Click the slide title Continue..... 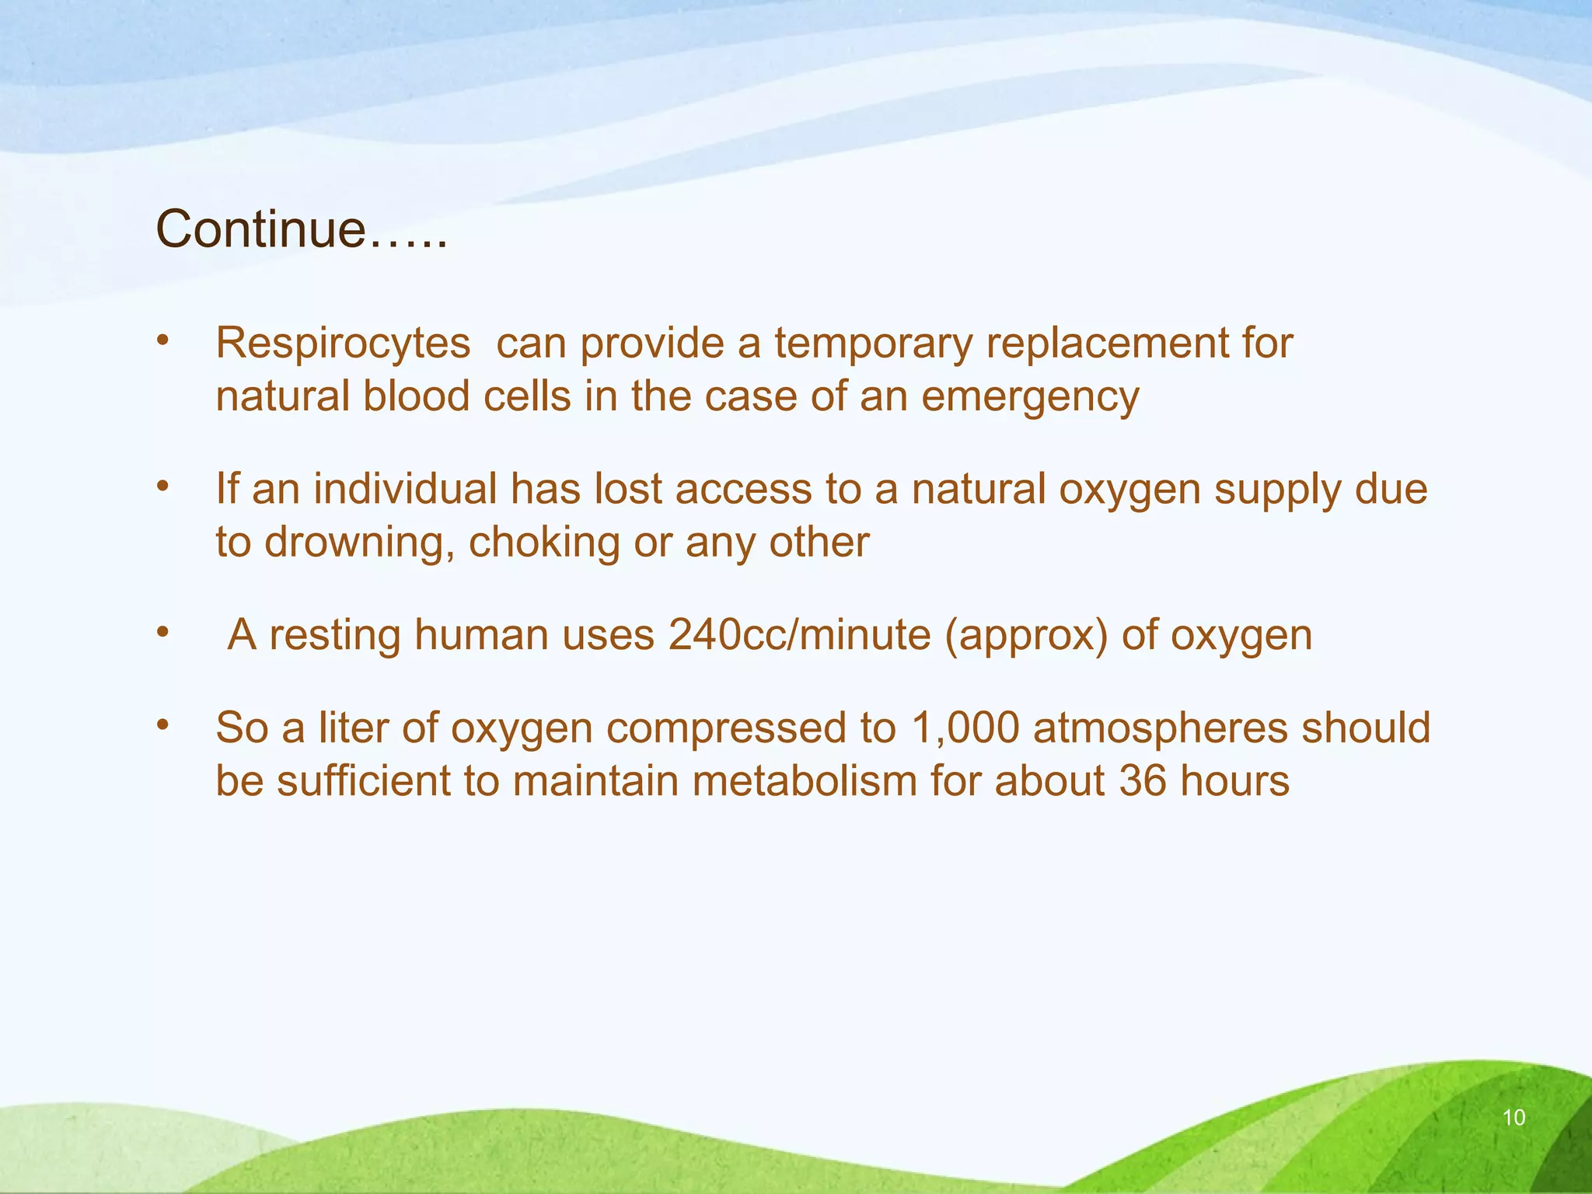point(302,229)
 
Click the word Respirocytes point(343,343)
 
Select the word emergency point(1029,396)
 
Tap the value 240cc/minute point(799,634)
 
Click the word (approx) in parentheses point(1026,634)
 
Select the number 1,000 point(965,728)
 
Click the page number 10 point(1513,1118)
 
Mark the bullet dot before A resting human point(162,631)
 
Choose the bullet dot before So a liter point(162,724)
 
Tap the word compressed point(726,728)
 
